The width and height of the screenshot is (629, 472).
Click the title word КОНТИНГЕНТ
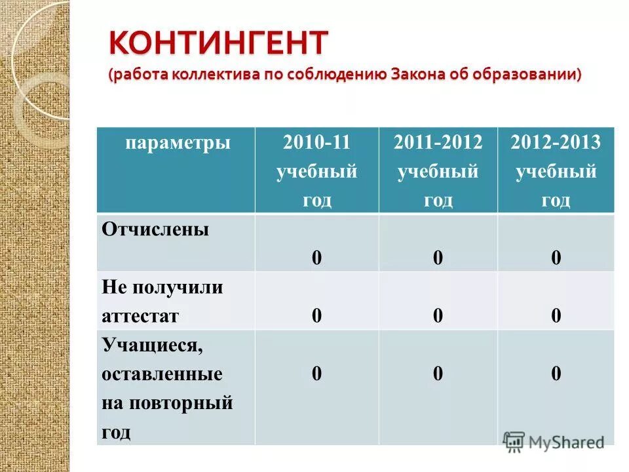pos(218,44)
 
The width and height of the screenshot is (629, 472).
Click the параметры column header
pos(178,143)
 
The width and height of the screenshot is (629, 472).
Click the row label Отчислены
pos(155,230)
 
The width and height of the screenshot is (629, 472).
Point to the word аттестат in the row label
pos(140,316)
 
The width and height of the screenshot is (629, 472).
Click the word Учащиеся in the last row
pos(152,345)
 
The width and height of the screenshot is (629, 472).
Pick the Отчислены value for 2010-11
pos(316,258)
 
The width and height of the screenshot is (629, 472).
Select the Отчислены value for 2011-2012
pos(438,258)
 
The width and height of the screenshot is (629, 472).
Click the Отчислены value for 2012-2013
pos(556,258)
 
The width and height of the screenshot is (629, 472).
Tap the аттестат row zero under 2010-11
pos(316,316)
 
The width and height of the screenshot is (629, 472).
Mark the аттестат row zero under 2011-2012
pos(438,316)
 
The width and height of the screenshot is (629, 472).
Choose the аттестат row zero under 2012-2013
pos(556,316)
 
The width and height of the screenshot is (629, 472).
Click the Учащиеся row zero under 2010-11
pos(316,374)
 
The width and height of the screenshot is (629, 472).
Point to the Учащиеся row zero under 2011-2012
pos(438,374)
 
